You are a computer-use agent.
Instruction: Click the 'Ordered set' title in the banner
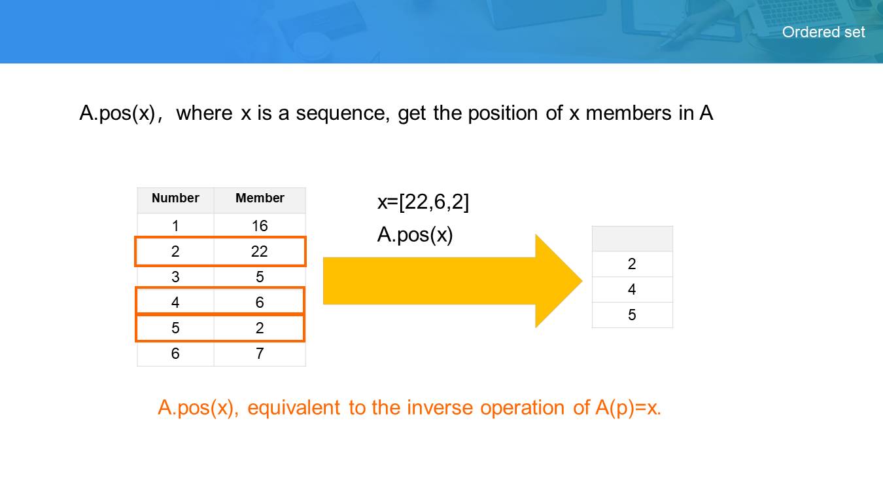click(x=823, y=32)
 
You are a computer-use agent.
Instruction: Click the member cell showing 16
click(x=260, y=225)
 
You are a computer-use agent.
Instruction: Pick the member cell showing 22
click(x=260, y=251)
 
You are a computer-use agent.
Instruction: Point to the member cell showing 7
click(x=260, y=354)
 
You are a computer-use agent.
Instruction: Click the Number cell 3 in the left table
click(x=175, y=277)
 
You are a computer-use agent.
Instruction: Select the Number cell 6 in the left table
click(x=175, y=354)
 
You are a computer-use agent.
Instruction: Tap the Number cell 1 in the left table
click(x=175, y=225)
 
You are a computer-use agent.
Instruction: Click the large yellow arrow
click(x=453, y=281)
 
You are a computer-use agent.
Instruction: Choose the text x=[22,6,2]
click(x=423, y=202)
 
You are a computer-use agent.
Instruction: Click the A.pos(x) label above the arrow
click(x=415, y=234)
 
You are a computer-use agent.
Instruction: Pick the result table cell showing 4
click(x=632, y=289)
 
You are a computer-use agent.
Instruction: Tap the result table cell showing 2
click(x=632, y=264)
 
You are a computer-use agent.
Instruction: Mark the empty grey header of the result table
click(x=632, y=238)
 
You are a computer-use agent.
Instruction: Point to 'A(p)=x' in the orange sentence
click(x=627, y=408)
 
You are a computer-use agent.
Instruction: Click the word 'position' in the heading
click(x=502, y=114)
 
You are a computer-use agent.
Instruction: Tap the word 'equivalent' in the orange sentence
click(x=294, y=408)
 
